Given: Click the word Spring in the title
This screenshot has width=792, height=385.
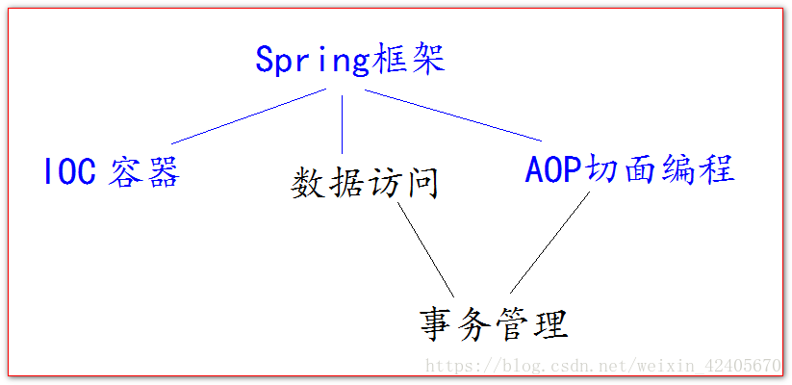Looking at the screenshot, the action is (x=313, y=62).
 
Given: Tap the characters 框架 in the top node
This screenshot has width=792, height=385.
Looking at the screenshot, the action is (x=408, y=60).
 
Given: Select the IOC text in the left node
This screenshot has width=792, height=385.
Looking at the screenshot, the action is (x=70, y=170).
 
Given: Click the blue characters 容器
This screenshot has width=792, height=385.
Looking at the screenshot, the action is (x=144, y=171).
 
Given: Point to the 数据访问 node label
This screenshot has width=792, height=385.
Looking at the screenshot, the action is (x=364, y=184).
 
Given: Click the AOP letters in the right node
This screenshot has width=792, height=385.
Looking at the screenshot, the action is (x=554, y=168).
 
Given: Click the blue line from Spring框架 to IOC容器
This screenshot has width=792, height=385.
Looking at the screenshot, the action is (x=248, y=116).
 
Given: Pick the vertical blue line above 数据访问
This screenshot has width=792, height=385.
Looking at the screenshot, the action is (x=342, y=124).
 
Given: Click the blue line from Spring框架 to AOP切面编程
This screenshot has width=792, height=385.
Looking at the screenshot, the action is (x=453, y=115).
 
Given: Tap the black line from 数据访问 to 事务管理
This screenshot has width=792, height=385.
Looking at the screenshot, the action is (x=425, y=249).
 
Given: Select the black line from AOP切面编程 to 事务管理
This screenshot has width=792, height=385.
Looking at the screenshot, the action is (x=549, y=243).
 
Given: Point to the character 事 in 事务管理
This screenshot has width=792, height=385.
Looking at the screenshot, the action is (x=437, y=325).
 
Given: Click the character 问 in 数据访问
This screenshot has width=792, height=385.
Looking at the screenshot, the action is (x=421, y=184).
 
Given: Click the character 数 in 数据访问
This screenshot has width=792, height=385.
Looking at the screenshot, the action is (x=308, y=184).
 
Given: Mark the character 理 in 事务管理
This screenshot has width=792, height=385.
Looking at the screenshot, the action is (x=551, y=325).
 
